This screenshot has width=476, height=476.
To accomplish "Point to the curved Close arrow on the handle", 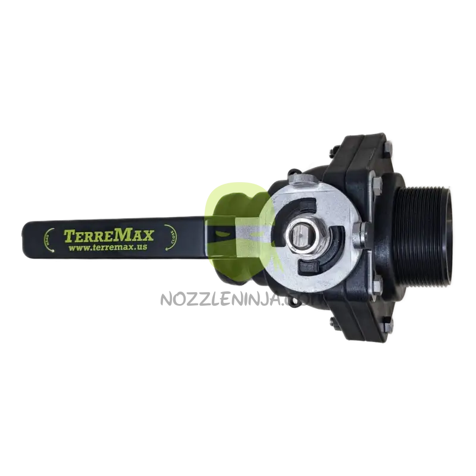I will tap(168, 239).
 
